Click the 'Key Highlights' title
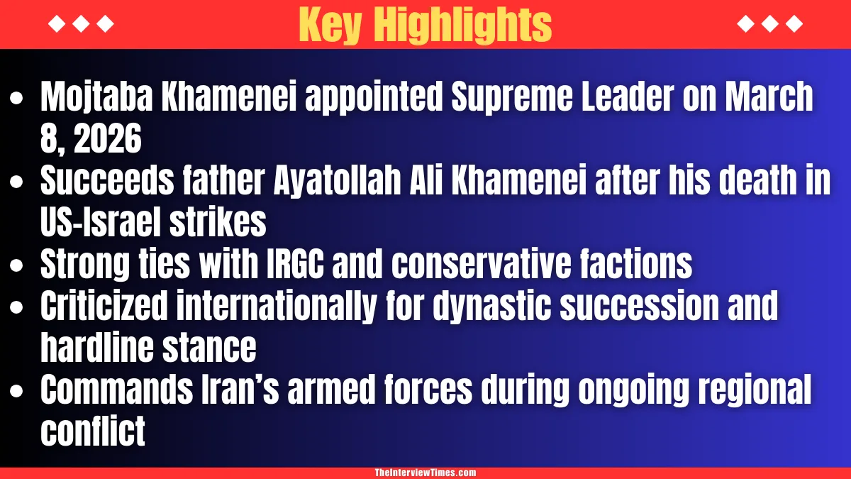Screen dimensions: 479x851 tap(425, 25)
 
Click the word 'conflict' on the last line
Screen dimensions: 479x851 tap(93, 432)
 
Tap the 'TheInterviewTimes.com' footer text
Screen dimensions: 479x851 tap(425, 473)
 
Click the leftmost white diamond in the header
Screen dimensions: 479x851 tap(55, 25)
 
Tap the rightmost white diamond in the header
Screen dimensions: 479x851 tap(796, 25)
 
